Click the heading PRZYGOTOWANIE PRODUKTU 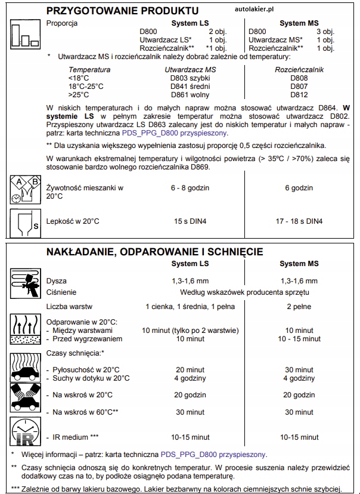point(122,11)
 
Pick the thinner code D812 point(299,94)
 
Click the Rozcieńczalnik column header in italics point(299,69)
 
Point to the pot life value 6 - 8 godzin point(190,188)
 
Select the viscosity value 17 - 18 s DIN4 point(299,221)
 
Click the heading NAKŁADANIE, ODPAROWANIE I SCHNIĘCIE point(154,252)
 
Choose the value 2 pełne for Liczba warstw point(299,307)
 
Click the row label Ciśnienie point(61,292)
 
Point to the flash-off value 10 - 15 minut point(299,339)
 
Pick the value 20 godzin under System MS point(299,395)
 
